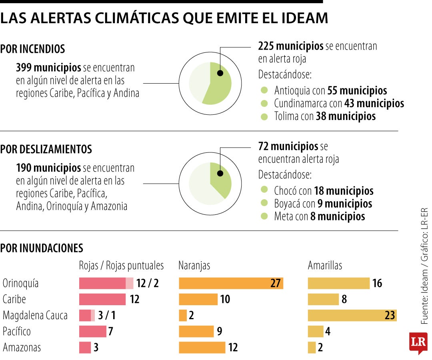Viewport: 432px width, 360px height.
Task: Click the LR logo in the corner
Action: point(418,342)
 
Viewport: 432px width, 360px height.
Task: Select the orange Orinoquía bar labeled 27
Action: point(231,283)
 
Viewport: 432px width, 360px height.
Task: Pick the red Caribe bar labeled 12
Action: point(102,299)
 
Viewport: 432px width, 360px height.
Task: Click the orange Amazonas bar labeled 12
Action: point(202,347)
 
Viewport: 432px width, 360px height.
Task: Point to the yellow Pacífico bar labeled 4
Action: point(316,331)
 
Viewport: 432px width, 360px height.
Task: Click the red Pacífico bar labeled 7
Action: point(92,331)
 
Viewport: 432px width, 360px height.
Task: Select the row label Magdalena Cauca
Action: point(35,315)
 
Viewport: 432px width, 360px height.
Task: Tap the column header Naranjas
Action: point(194,266)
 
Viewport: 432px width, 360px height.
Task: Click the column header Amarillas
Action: point(325,266)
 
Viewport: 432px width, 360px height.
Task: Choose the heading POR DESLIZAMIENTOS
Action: point(46,150)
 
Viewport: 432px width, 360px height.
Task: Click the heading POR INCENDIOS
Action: point(33,49)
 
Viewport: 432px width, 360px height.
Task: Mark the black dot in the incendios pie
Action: point(220,73)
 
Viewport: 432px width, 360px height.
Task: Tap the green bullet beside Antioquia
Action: point(264,90)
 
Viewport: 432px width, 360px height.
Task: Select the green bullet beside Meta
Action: point(264,216)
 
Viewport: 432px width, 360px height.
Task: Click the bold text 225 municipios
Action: point(290,46)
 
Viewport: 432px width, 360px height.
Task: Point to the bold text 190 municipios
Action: point(48,168)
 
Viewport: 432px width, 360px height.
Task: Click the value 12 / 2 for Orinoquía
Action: point(147,283)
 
